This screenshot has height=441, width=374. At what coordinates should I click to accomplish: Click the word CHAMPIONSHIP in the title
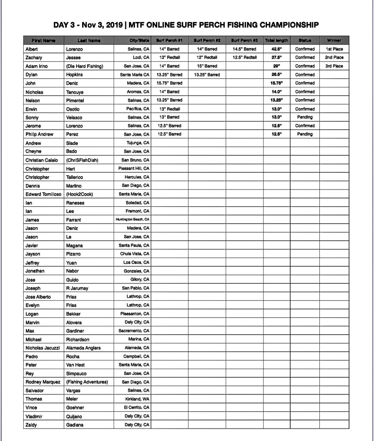click(284, 25)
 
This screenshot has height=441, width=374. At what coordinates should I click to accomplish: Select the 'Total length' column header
click(276, 40)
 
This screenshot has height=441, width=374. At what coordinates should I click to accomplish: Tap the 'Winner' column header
click(334, 40)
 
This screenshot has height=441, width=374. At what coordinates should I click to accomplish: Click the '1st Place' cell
click(334, 49)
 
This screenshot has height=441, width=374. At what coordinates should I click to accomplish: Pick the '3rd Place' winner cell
click(334, 66)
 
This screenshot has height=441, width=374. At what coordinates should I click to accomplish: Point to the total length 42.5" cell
click(276, 49)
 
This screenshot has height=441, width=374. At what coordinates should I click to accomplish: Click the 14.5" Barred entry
click(245, 49)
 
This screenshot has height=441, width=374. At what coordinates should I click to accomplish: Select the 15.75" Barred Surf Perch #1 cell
click(169, 83)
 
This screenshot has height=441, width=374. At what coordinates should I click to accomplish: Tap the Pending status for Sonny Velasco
click(305, 117)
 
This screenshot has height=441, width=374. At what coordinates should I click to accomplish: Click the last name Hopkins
click(75, 75)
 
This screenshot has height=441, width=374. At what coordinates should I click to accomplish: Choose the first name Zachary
click(34, 58)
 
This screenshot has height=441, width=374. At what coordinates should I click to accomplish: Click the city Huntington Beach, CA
click(133, 220)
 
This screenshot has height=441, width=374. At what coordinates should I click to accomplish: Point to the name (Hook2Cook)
click(80, 194)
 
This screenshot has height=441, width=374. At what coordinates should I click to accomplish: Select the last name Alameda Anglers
click(83, 348)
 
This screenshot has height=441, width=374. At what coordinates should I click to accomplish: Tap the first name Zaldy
click(31, 425)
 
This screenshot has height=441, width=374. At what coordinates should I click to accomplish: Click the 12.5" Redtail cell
click(245, 58)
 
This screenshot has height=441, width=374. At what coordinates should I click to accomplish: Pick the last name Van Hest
click(76, 365)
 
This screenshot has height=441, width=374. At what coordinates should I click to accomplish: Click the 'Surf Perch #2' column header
click(206, 40)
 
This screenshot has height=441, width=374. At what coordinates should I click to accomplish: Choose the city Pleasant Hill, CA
click(134, 168)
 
